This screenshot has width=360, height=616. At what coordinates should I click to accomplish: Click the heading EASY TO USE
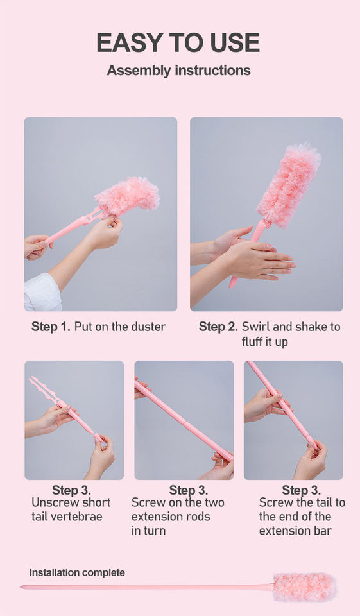(178, 43)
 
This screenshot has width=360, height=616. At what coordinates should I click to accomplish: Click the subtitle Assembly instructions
(179, 71)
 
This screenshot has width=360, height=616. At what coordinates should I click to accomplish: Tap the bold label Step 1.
(51, 327)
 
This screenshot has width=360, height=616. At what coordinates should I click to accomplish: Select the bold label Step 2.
(218, 327)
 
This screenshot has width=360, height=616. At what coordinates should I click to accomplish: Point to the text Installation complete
(77, 572)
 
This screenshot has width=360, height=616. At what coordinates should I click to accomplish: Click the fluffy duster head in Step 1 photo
(127, 197)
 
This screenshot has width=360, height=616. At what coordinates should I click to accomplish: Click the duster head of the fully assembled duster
(305, 587)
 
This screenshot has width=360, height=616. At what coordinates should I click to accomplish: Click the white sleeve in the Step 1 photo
(42, 293)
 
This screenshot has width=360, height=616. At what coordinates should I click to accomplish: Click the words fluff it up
(265, 342)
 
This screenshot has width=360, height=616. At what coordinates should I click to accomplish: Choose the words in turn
(149, 531)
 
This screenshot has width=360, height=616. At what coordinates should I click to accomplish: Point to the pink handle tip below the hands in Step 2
(233, 282)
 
